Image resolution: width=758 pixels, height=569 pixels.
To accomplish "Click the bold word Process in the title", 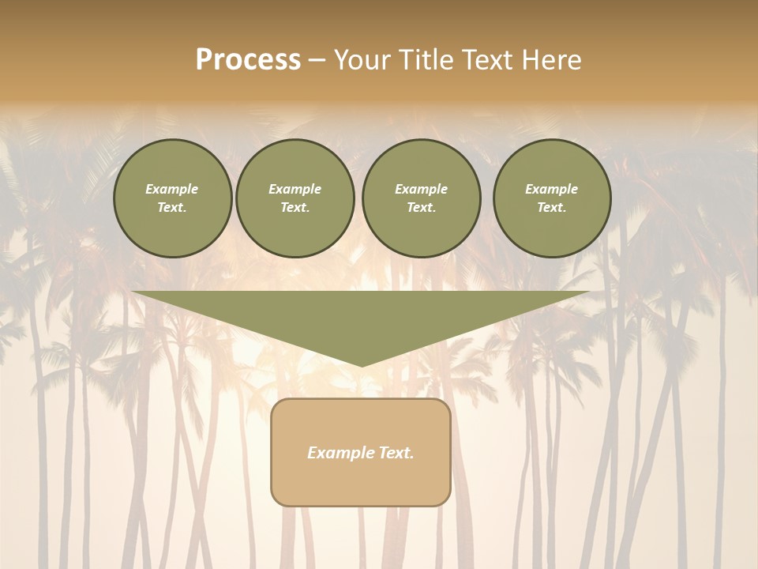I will point(248,60).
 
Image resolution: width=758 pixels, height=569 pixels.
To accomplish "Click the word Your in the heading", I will point(362,60).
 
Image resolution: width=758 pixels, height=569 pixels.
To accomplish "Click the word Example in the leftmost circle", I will point(172,189).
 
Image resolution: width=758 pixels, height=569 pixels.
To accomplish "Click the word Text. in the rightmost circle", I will point(551,208).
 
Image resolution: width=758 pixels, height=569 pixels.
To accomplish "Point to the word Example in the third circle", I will point(421,189).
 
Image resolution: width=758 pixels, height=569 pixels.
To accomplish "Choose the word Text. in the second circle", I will point(295,208).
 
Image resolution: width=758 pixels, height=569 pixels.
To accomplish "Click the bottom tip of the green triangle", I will point(362,364).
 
